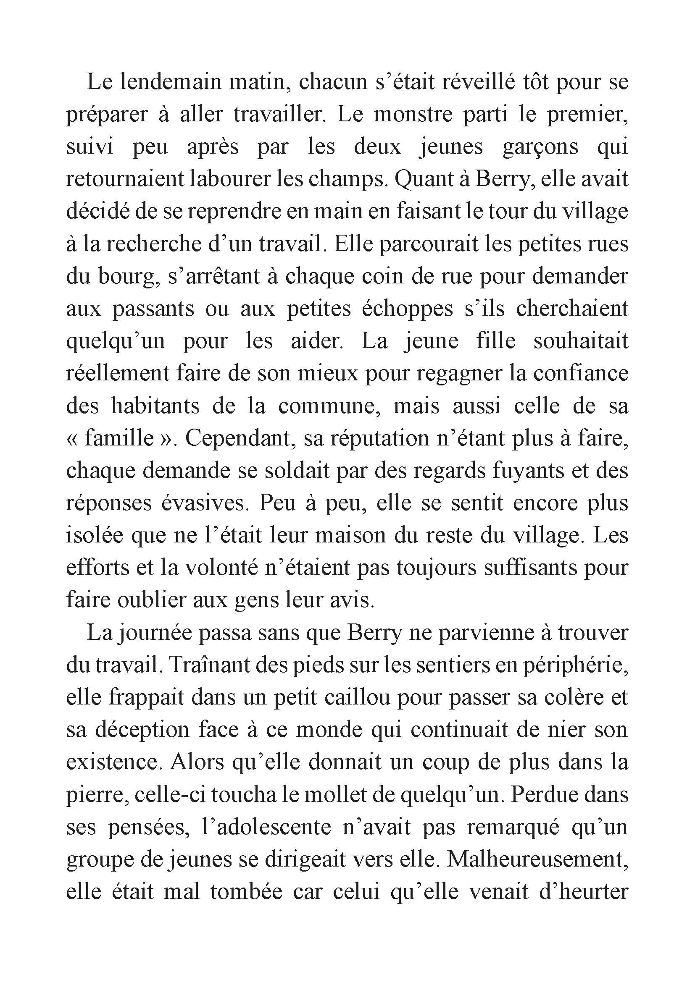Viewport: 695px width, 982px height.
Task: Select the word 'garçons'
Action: coord(541,147)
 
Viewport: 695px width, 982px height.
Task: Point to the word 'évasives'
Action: coord(204,503)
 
